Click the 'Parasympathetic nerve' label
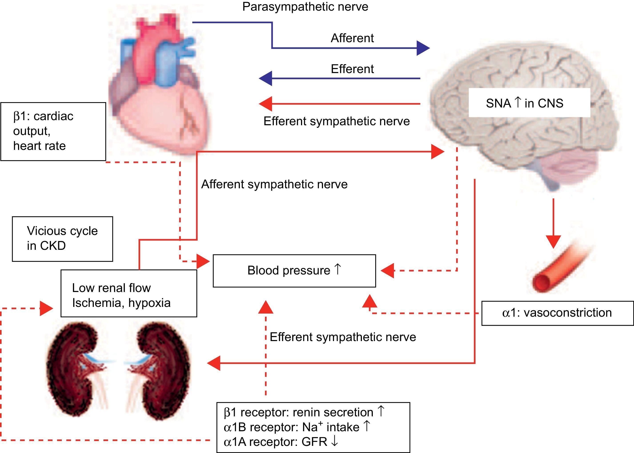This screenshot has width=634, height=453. coord(305,7)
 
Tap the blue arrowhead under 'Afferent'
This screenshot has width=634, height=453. coord(423,48)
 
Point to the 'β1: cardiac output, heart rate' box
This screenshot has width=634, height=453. coord(53,131)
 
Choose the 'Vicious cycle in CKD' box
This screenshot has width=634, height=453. coord(62,239)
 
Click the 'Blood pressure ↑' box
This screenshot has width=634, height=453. coord(294,270)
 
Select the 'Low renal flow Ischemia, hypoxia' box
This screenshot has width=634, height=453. coord(129,293)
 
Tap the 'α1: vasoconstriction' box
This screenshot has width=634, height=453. coord(557,313)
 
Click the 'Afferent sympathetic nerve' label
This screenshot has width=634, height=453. coord(274,184)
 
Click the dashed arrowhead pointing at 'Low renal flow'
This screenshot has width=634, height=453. coord(46,308)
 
